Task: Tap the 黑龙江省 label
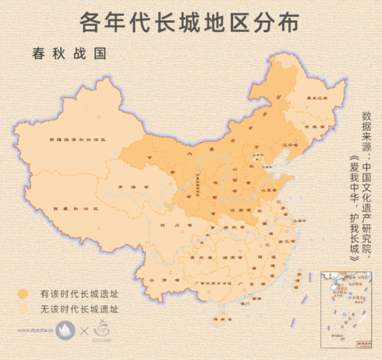(317, 97)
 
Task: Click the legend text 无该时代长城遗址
(79, 310)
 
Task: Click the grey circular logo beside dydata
(65, 330)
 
